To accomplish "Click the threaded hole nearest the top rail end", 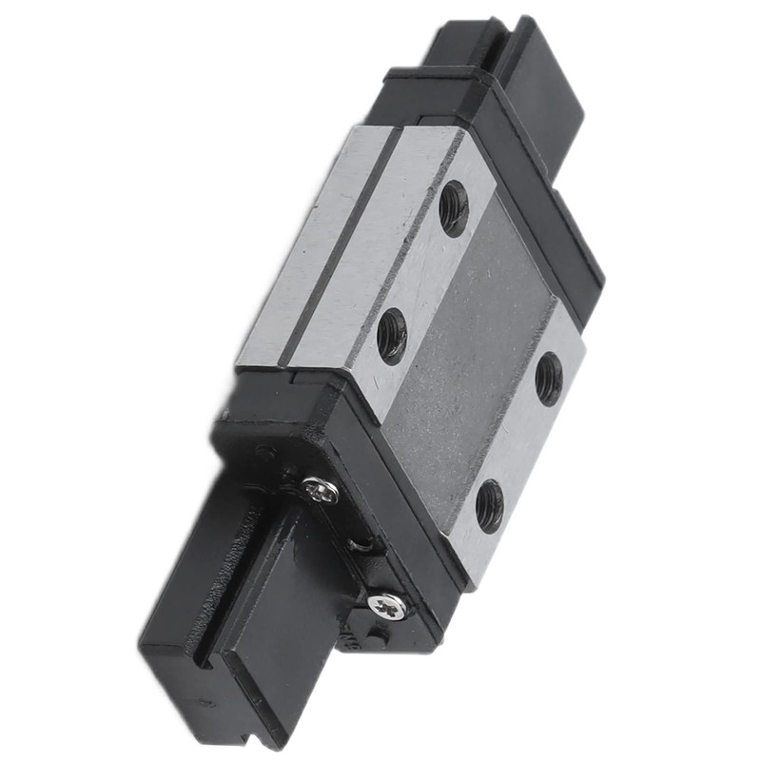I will (x=454, y=208).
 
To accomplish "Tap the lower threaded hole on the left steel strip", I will (x=392, y=336).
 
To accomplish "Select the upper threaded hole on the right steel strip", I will (x=549, y=379).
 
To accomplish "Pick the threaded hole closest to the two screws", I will (x=489, y=505).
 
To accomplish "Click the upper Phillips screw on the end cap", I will (x=320, y=491).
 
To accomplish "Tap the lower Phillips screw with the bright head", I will (x=388, y=605).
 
